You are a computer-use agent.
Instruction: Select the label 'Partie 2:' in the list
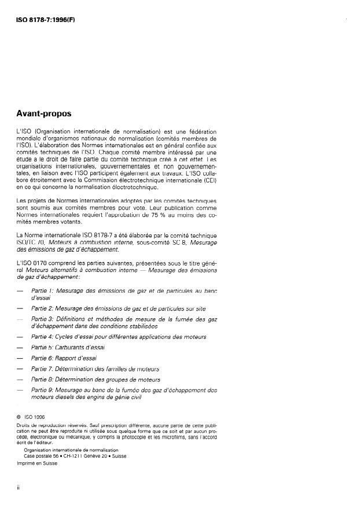(43, 309)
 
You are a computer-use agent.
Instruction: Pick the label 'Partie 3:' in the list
(43, 319)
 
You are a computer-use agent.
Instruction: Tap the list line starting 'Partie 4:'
(119, 336)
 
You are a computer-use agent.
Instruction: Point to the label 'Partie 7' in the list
(42, 369)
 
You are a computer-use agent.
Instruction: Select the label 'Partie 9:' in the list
(43, 390)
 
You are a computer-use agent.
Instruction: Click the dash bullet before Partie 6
(20, 358)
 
